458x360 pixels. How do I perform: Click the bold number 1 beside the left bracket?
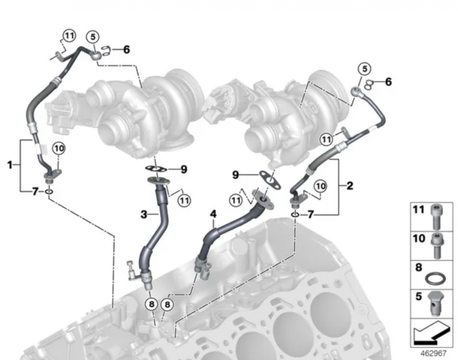(10, 165)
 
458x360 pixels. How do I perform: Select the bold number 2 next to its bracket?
(349, 185)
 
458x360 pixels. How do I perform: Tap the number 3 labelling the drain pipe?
(144, 214)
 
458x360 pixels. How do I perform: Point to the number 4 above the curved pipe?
(214, 214)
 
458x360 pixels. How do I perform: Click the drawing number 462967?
(433, 353)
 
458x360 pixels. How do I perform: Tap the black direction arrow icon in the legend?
(431, 333)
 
